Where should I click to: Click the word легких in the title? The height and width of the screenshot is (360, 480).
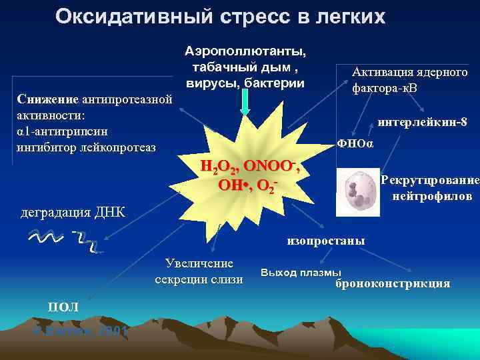point(350,17)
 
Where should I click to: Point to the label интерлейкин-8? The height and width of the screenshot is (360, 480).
point(422,123)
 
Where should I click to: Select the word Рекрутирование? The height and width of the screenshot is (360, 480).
point(429,181)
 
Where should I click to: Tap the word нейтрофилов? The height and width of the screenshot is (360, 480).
point(432,197)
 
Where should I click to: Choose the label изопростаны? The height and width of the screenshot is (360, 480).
point(326,241)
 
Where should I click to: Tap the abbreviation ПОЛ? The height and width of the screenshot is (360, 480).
point(63,307)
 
